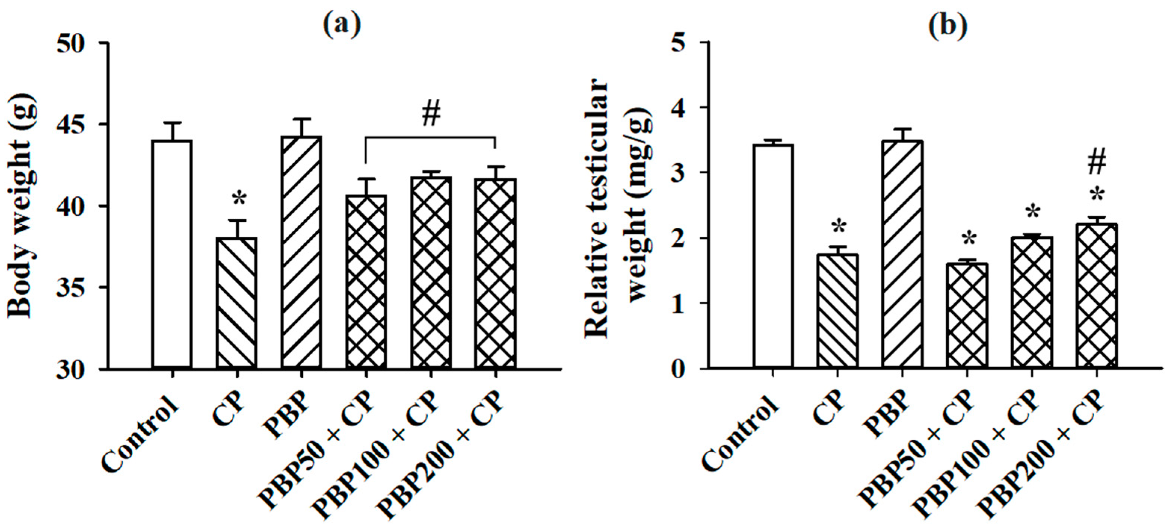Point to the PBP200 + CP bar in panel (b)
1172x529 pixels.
1096,296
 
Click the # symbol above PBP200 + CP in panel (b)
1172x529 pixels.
1097,163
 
